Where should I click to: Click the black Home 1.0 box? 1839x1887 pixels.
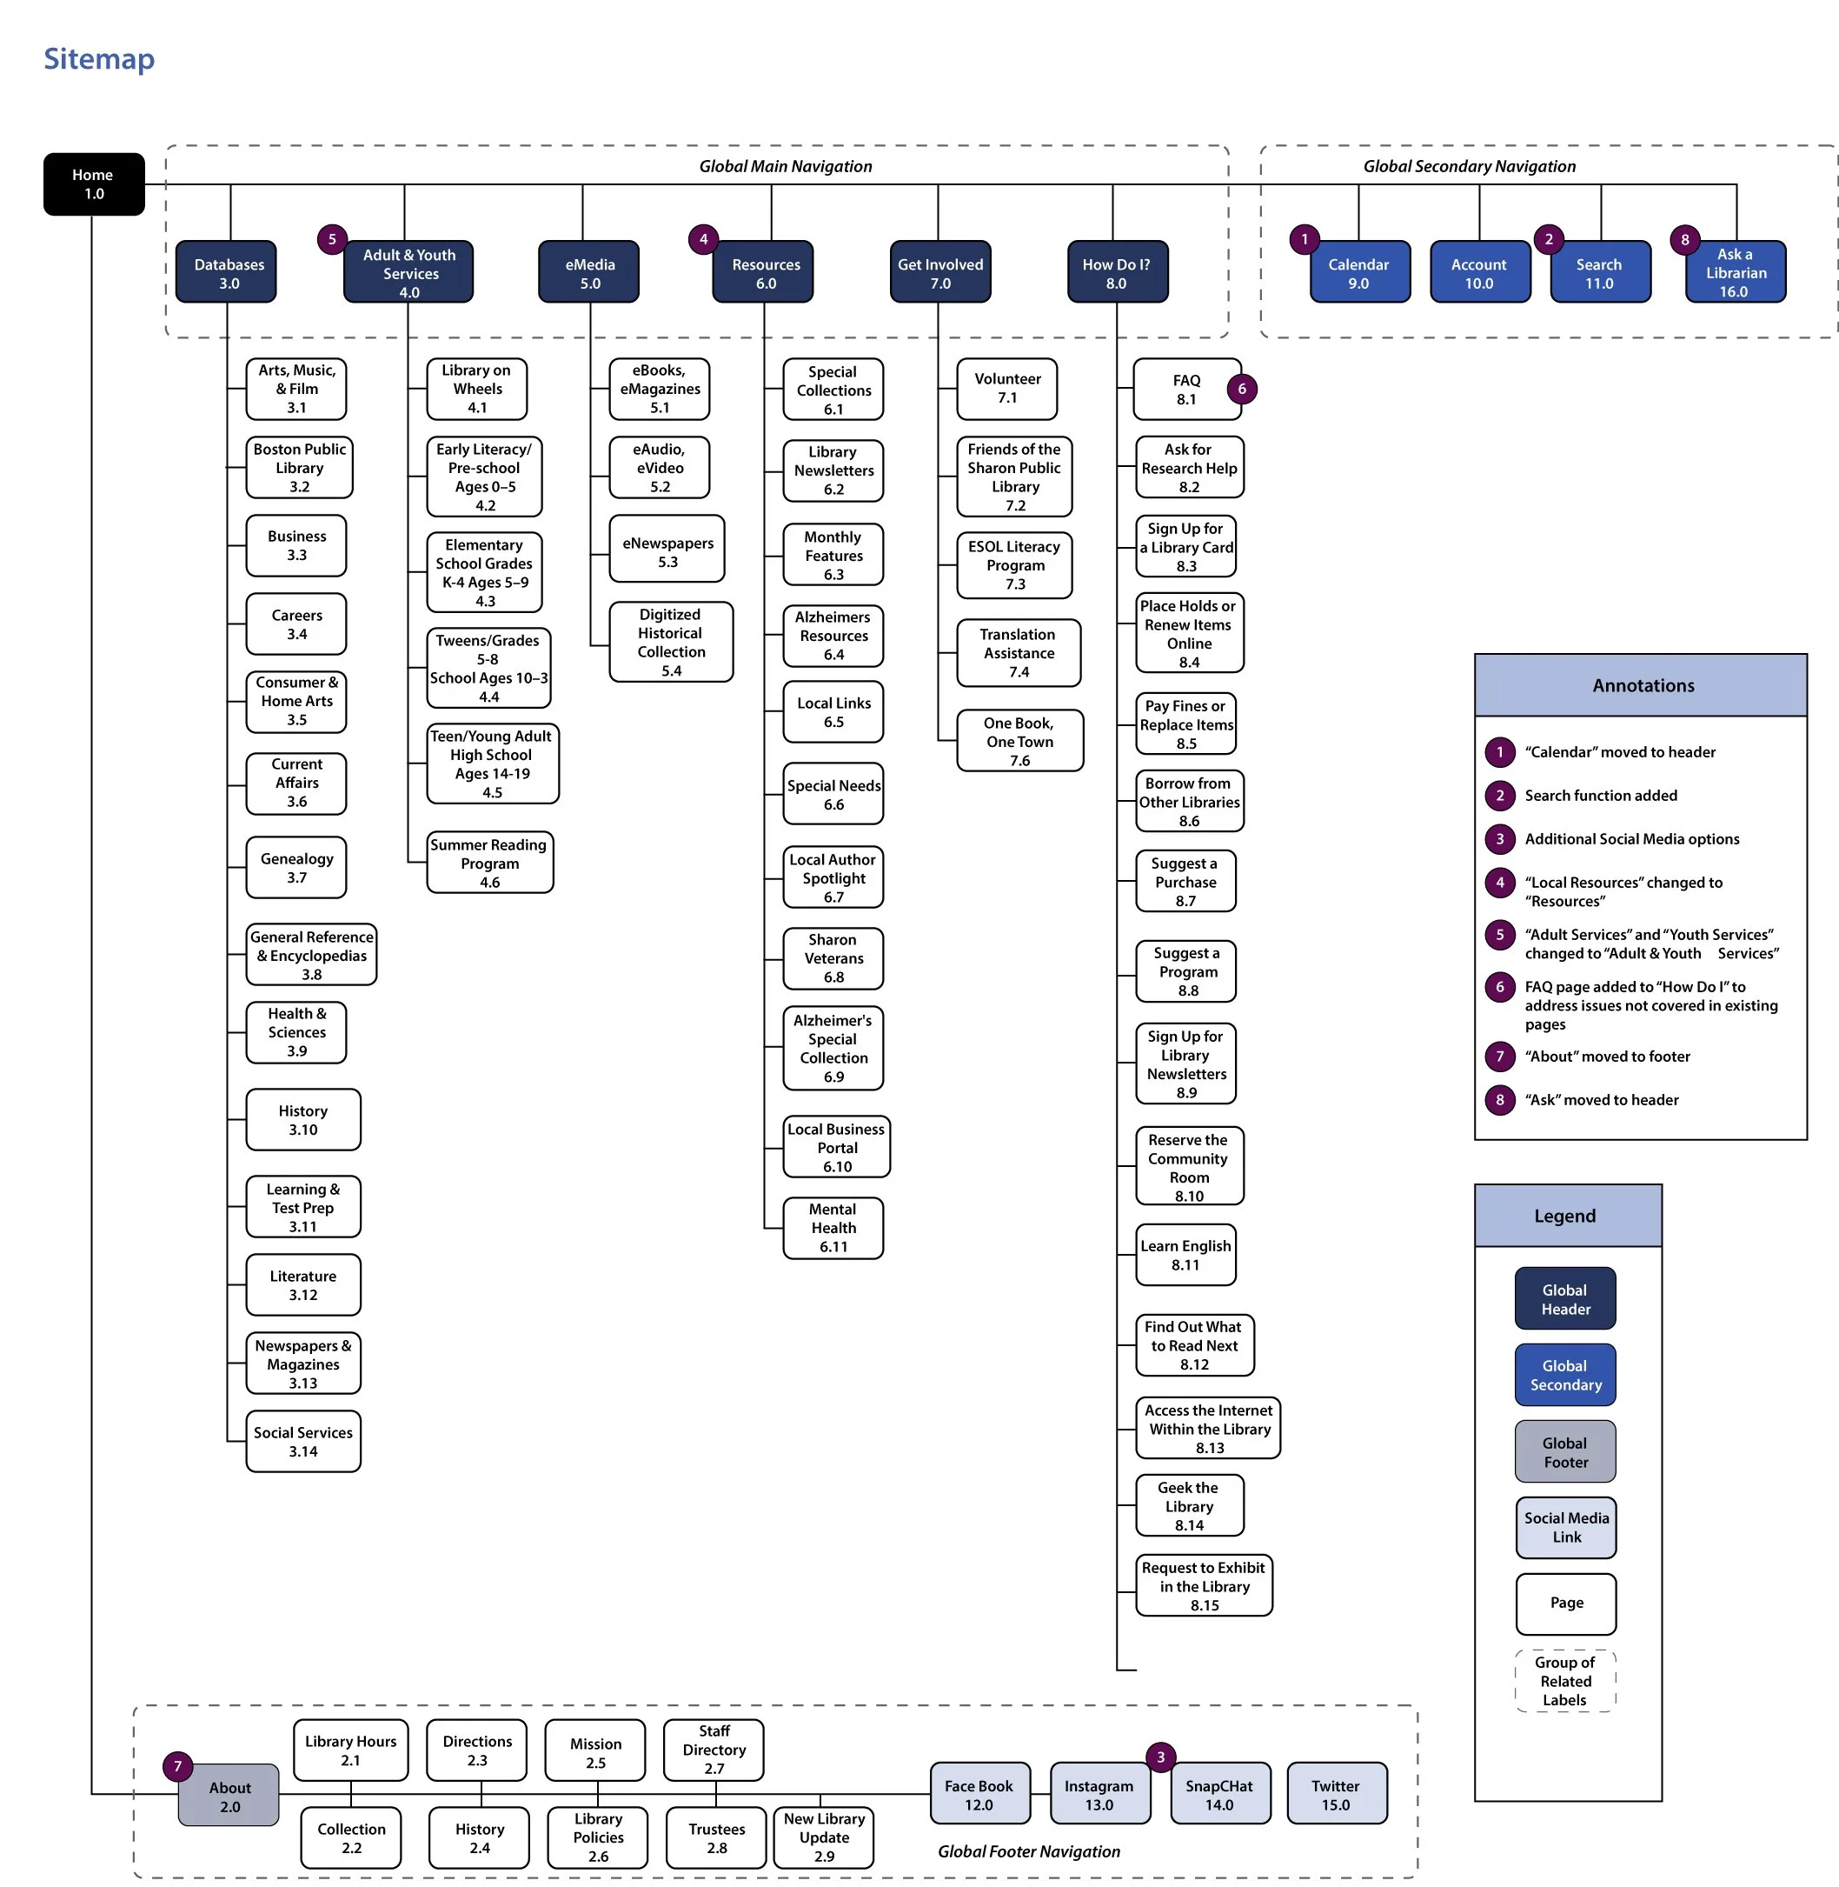pos(94,183)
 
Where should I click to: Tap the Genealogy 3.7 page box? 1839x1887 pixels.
pos(296,867)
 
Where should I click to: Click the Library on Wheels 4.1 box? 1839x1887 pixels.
pos(477,389)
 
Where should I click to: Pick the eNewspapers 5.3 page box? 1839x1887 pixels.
pos(667,550)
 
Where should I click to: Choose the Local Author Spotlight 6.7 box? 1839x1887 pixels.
pos(833,877)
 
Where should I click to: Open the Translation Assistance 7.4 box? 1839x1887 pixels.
pos(1018,652)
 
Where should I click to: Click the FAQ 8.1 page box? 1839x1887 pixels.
pos(1186,390)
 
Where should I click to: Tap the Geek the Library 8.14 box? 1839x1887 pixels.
pos(1189,1505)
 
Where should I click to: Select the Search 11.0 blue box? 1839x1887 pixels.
pos(1599,272)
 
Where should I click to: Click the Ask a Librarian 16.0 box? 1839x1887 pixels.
pos(1735,272)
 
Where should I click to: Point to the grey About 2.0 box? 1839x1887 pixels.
pos(229,1795)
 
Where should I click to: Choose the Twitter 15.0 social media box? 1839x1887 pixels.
pos(1336,1794)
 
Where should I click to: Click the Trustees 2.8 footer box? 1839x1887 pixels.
pos(716,1837)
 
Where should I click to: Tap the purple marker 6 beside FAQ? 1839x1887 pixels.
pos(1242,389)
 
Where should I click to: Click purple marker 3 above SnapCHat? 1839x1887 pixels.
pos(1161,1757)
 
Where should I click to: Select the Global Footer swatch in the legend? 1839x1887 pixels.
pos(1564,1451)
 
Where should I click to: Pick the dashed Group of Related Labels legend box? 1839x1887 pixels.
pos(1564,1680)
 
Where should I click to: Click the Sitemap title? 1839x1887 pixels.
pos(98,59)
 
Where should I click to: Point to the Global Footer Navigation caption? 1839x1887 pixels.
pos(1029,1851)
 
